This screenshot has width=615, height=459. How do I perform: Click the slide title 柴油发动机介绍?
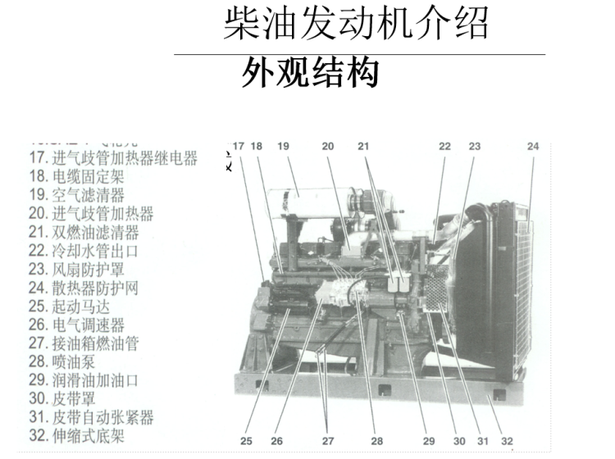pyautogui.click(x=356, y=25)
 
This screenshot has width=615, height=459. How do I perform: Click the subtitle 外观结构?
pyautogui.click(x=309, y=73)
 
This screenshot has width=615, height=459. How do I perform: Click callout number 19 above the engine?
pyautogui.click(x=284, y=147)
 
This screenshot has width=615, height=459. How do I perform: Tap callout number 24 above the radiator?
pyautogui.click(x=533, y=147)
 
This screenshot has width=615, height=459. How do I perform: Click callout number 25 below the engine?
pyautogui.click(x=247, y=441)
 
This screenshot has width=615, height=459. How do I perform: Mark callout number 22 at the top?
pyautogui.click(x=444, y=147)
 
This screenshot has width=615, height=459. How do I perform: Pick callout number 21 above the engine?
pyautogui.click(x=363, y=147)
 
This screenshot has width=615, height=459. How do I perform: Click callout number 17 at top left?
pyautogui.click(x=239, y=147)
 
